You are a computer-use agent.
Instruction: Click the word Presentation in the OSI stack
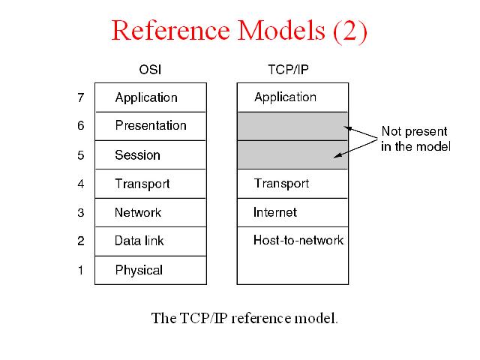151,125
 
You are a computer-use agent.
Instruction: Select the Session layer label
137,155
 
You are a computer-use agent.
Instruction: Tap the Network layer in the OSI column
138,212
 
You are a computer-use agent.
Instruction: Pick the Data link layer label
139,241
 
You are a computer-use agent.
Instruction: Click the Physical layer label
139,270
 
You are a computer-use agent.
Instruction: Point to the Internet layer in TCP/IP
275,212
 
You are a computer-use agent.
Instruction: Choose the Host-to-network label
298,240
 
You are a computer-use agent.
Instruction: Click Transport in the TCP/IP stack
281,184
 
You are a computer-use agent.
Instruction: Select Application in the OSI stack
146,98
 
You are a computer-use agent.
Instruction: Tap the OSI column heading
150,70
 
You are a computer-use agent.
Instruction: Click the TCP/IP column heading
288,70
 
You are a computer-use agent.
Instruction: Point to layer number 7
81,97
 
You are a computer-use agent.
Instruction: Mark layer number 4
81,184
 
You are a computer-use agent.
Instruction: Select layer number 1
80,270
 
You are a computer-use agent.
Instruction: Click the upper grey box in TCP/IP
292,126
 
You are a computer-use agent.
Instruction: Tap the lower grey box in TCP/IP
292,155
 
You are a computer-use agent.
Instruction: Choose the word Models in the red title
281,30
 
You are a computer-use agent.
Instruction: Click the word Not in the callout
391,131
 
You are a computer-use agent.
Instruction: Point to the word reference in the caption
260,318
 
